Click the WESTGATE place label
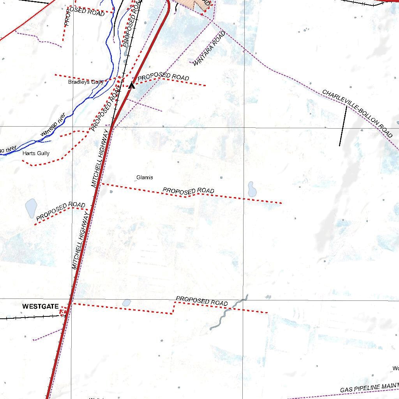pyautogui.click(x=40, y=307)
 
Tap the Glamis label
pyautogui.click(x=145, y=178)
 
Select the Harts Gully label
pyautogui.click(x=36, y=154)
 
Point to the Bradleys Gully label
pyautogui.click(x=86, y=82)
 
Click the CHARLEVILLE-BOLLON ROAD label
pyautogui.click(x=357, y=113)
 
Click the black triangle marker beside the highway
pyautogui.click(x=132, y=85)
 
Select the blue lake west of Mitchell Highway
pyautogui.click(x=31, y=208)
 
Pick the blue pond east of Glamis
pyautogui.click(x=252, y=189)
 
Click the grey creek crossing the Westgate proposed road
pyautogui.click(x=228, y=312)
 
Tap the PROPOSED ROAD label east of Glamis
pyautogui.click(x=188, y=191)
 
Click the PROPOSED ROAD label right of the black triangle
pyautogui.click(x=163, y=77)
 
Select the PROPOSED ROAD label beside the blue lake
pyautogui.click(x=60, y=211)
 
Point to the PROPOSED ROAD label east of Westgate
pyautogui.click(x=201, y=301)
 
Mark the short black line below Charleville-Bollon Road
pyautogui.click(x=343, y=126)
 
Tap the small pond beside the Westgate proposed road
pyautogui.click(x=126, y=303)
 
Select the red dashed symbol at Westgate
pyautogui.click(x=63, y=311)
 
